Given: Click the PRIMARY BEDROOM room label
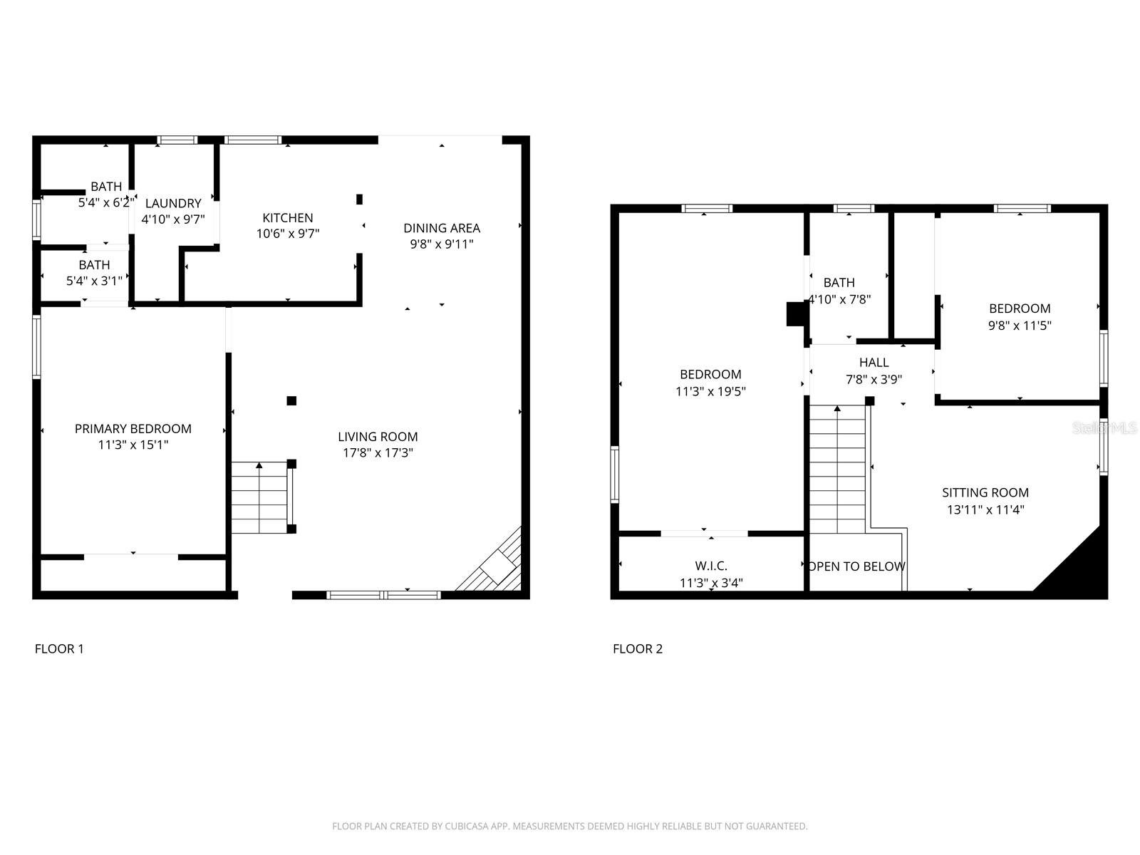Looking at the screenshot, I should (x=133, y=428).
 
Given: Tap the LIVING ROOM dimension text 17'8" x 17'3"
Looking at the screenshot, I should (x=377, y=452).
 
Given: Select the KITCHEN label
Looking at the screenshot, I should (x=288, y=218).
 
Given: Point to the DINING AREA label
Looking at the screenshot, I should (x=442, y=228).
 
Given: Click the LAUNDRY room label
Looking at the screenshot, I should (x=173, y=203).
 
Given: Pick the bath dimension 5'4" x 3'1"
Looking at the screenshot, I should (x=95, y=281).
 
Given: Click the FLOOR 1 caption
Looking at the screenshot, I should (x=59, y=648).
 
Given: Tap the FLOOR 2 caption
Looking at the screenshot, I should (x=638, y=648).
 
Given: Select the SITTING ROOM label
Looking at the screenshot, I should (x=985, y=492).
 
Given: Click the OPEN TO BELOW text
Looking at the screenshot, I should (x=856, y=566).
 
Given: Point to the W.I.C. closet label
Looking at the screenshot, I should (x=711, y=566).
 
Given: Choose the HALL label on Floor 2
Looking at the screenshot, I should (x=874, y=363).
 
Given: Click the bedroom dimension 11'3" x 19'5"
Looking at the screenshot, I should (x=710, y=391).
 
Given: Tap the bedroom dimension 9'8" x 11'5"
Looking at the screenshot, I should (x=1020, y=326).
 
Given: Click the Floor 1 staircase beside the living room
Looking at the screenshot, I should (x=259, y=497).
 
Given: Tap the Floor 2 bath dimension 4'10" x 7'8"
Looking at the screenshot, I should (x=839, y=300).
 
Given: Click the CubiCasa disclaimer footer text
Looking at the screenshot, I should (x=570, y=826).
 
